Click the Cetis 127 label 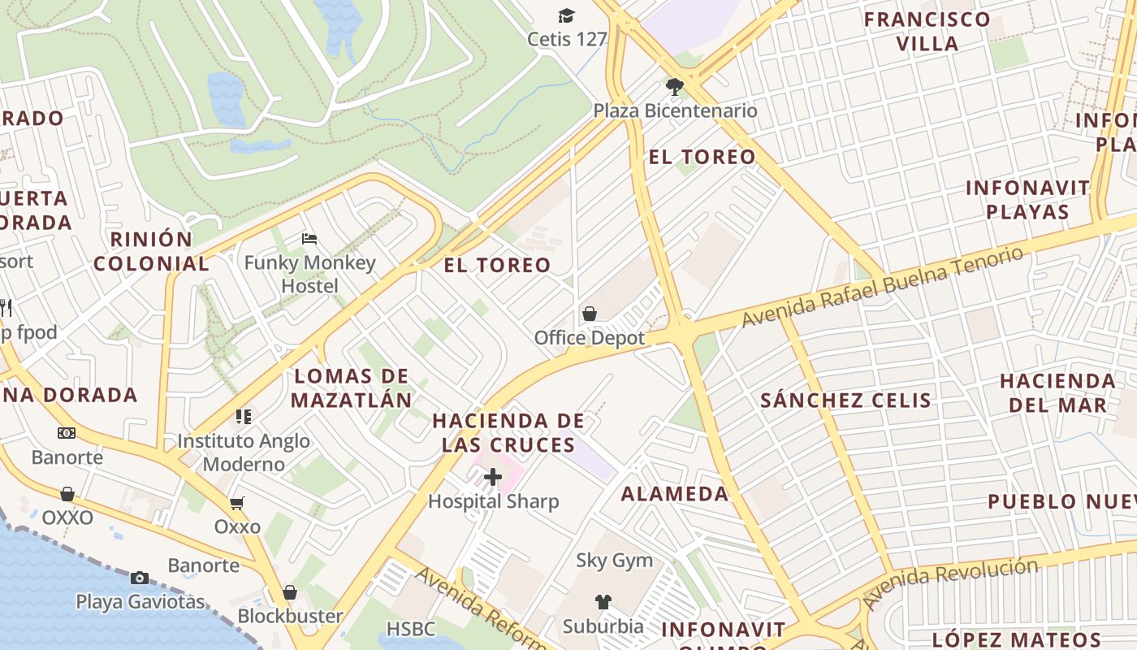(x=567, y=39)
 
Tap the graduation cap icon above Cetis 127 (x=566, y=15)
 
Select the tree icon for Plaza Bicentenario (x=673, y=86)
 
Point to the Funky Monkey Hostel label (x=310, y=274)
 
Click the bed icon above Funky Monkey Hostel (x=309, y=239)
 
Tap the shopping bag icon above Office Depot (x=590, y=314)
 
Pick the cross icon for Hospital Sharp (x=493, y=478)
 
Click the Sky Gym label (x=614, y=560)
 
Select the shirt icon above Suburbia (x=603, y=602)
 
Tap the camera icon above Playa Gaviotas (x=140, y=578)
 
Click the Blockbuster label (x=290, y=616)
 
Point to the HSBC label (x=410, y=629)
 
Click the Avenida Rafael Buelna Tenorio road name (x=883, y=287)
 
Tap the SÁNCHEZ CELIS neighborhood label (x=845, y=401)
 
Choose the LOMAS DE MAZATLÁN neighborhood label (x=352, y=388)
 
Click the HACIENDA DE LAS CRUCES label (x=508, y=432)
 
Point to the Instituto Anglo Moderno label (x=244, y=453)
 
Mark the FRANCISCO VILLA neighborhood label (x=927, y=31)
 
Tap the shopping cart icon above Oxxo (x=237, y=504)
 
